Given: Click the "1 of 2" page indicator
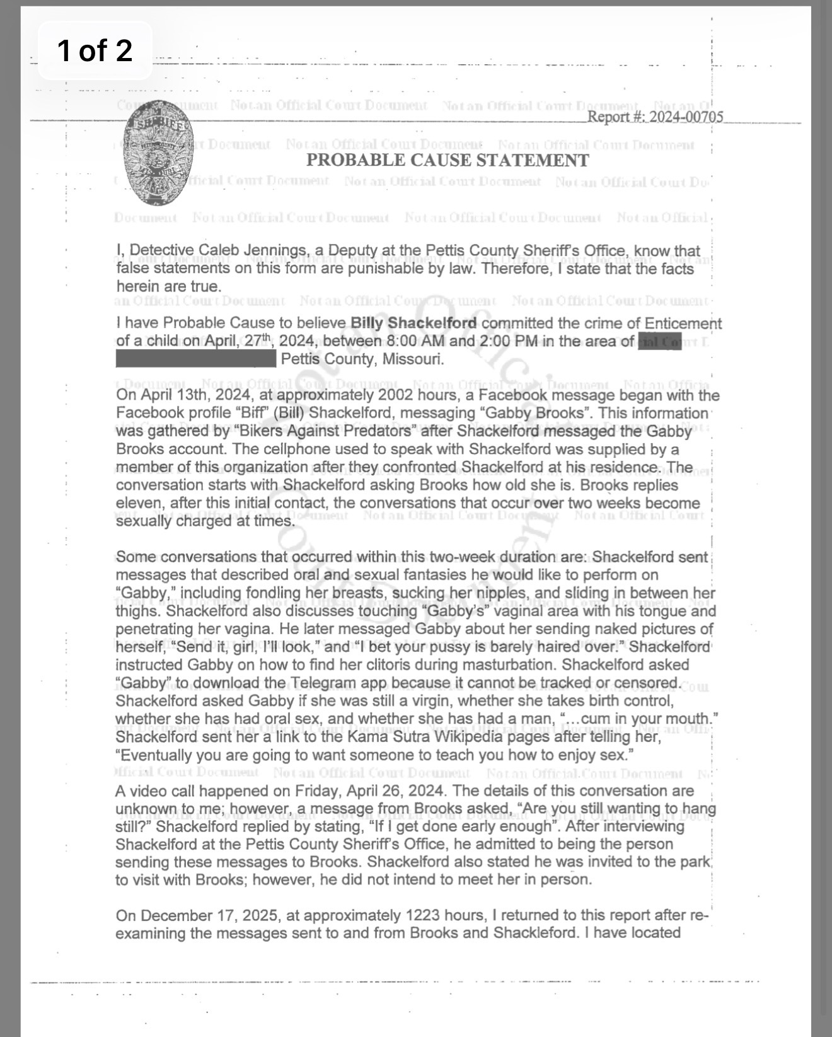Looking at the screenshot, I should (95, 50).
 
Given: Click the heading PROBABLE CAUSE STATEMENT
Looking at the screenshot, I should (448, 160).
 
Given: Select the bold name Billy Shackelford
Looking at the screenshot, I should (413, 323).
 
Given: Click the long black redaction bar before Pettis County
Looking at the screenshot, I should (196, 359).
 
